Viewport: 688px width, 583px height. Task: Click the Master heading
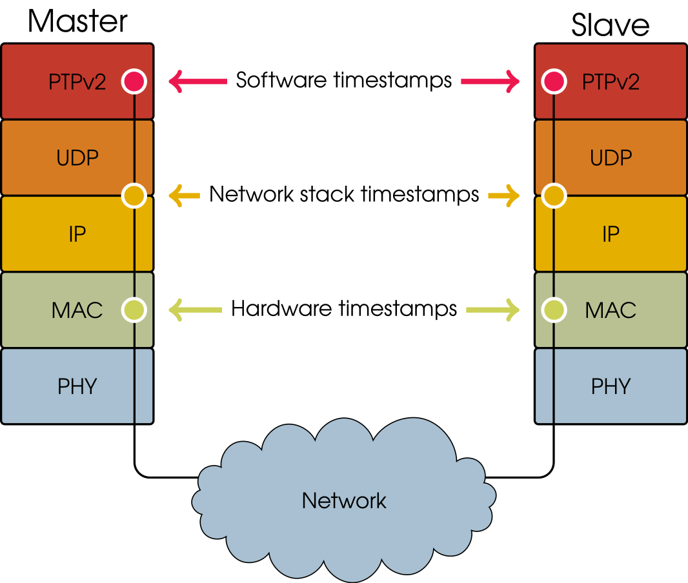coord(77,21)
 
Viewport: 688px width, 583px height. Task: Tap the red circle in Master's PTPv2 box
coord(134,81)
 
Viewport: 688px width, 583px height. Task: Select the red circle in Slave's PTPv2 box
coord(553,81)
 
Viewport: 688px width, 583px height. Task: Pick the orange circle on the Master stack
coord(134,195)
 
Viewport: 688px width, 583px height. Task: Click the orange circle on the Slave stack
coord(553,195)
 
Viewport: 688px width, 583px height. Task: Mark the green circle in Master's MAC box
coord(134,310)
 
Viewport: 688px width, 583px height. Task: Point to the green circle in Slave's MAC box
coord(553,310)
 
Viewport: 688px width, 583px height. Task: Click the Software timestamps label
coord(343,81)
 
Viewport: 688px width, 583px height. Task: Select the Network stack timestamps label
coord(344,194)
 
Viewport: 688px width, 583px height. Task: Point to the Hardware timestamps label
coord(344,309)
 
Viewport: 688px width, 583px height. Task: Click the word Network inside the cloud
coord(344,500)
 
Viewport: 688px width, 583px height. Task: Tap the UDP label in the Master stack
coord(77,157)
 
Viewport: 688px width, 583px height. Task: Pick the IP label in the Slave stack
coord(611,233)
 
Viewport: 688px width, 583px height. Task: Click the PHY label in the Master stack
coord(77,386)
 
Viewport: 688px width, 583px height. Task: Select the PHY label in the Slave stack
coord(611,386)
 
